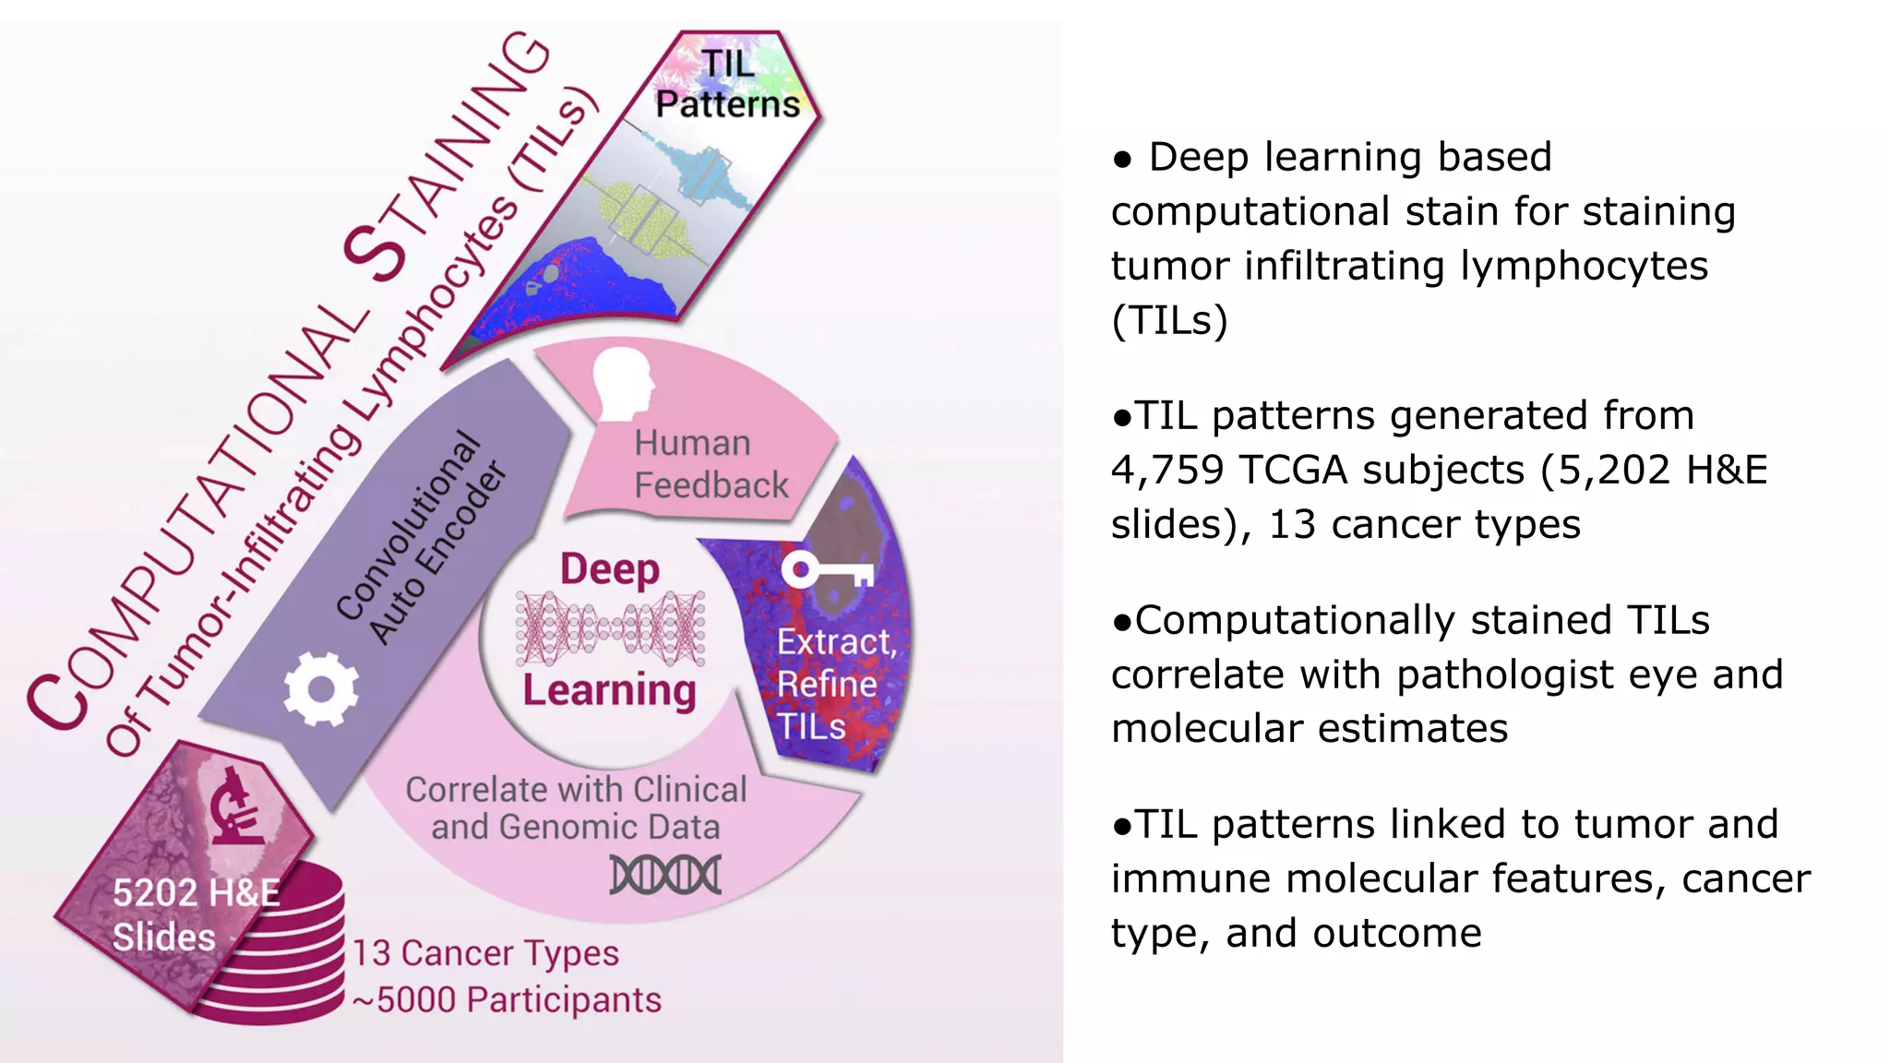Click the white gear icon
coord(320,689)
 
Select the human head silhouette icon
coord(623,383)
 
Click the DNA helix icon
coord(665,875)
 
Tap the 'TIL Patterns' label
coord(727,84)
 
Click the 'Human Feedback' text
coord(710,464)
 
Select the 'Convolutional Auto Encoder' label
coord(421,540)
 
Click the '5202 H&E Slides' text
coord(195,914)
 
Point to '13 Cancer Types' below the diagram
coord(485,953)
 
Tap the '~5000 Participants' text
coord(507,1000)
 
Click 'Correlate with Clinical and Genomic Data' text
coord(576,808)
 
